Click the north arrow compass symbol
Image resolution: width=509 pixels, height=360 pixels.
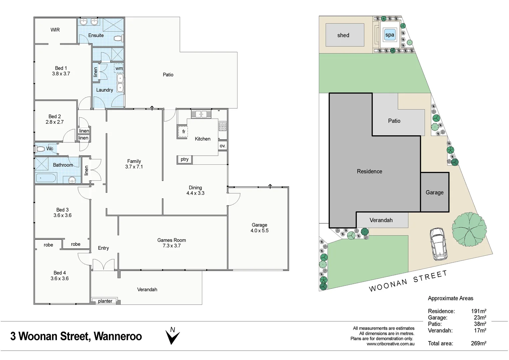pyautogui.click(x=173, y=336)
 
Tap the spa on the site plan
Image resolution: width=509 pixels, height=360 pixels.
pyautogui.click(x=389, y=35)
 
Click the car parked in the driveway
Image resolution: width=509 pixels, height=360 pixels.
pyautogui.click(x=438, y=244)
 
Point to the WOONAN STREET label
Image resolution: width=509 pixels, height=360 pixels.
pyautogui.click(x=408, y=281)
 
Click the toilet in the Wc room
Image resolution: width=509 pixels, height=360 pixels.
pyautogui.click(x=40, y=149)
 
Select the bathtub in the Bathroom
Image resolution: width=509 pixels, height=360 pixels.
pyautogui.click(x=46, y=178)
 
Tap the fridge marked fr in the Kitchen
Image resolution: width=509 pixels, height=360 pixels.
pyautogui.click(x=183, y=132)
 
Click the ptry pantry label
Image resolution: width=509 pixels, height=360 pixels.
pyautogui.click(x=185, y=160)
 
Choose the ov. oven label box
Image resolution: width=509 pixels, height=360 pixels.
pyautogui.click(x=223, y=146)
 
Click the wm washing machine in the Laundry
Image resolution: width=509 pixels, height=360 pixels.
pyautogui.click(x=119, y=68)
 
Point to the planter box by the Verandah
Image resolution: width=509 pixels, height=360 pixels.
pyautogui.click(x=105, y=301)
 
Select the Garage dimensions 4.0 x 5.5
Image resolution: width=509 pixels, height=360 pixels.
pyautogui.click(x=259, y=231)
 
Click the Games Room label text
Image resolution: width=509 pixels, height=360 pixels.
pyautogui.click(x=172, y=240)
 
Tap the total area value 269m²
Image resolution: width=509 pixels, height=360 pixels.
pyautogui.click(x=478, y=343)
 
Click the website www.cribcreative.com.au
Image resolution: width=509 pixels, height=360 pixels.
pyautogui.click(x=390, y=344)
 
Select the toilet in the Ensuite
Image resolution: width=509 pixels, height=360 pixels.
pyautogui.click(x=118, y=38)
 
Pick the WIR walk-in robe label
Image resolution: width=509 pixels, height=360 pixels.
pyautogui.click(x=55, y=30)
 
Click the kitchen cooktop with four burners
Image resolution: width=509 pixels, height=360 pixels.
pyautogui.click(x=223, y=126)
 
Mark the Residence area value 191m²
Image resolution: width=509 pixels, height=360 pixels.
pyautogui.click(x=478, y=311)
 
